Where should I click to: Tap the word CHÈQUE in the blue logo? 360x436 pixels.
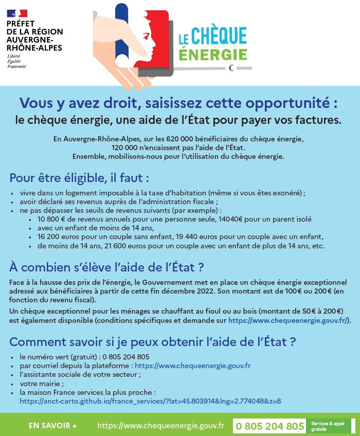[x=219, y=35]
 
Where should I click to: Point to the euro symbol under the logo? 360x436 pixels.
[x=231, y=67]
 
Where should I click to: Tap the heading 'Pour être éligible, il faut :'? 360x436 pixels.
[x=79, y=178]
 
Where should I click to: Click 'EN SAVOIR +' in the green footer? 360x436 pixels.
[x=53, y=426]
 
